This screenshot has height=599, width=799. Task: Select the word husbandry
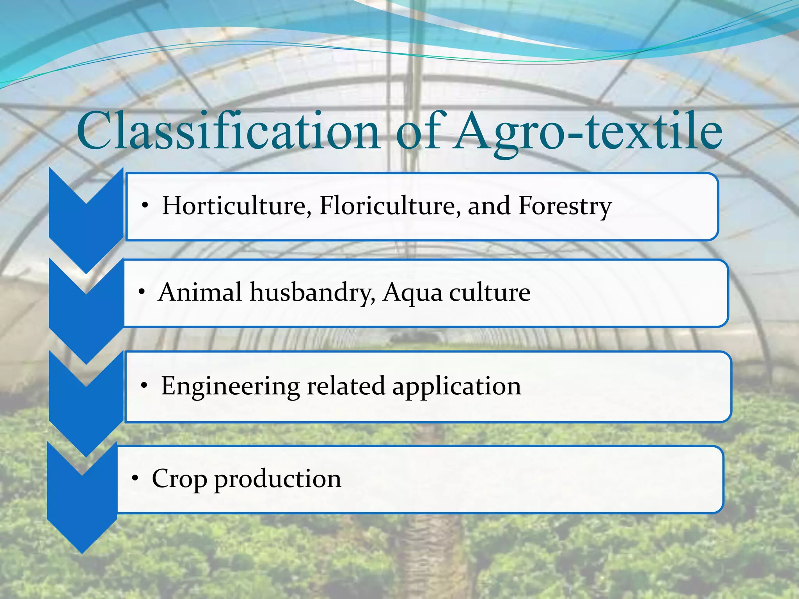coord(312,293)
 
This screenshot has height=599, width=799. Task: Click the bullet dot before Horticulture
coord(145,206)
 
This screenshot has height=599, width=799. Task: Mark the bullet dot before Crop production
coord(135,478)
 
